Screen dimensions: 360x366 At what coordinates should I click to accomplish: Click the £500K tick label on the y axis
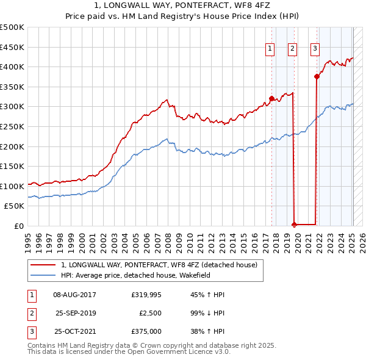[12, 27]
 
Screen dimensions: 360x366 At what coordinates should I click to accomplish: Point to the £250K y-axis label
[12, 126]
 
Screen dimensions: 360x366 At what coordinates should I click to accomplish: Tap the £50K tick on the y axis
[15, 206]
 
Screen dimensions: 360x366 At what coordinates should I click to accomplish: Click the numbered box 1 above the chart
[270, 49]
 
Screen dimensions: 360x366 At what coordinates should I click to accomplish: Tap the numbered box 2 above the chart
[292, 49]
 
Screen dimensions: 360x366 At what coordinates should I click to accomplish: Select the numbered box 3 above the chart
[315, 49]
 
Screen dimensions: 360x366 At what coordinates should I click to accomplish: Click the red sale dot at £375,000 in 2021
[317, 76]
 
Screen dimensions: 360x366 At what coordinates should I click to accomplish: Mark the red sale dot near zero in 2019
[295, 225]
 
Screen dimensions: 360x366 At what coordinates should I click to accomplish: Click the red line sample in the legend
[43, 265]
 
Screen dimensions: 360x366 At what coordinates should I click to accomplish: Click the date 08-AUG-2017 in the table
[75, 295]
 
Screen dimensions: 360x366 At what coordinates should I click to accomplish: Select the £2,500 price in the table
[149, 313]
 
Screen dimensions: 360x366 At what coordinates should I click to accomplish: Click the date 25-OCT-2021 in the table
[75, 331]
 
